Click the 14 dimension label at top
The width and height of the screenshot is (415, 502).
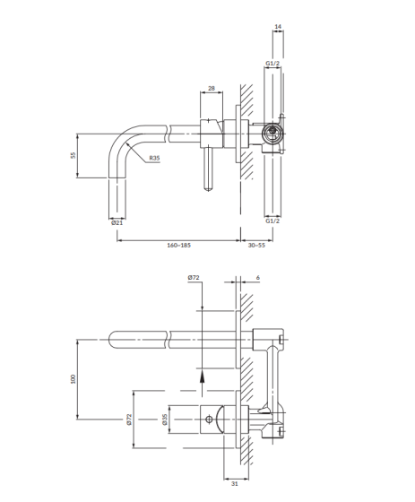click(x=278, y=26)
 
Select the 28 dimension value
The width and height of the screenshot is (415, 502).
click(x=212, y=88)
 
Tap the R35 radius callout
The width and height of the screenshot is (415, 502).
click(x=154, y=158)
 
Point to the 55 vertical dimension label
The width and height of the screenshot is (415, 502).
click(x=73, y=155)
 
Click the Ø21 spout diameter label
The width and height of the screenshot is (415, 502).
click(x=117, y=222)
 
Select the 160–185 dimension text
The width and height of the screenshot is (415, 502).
click(x=178, y=246)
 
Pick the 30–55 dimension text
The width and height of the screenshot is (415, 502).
click(x=256, y=246)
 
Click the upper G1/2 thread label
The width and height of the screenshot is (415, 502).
click(x=272, y=63)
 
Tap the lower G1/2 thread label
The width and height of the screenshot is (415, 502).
click(x=272, y=221)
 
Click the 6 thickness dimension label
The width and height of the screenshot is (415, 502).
click(x=258, y=278)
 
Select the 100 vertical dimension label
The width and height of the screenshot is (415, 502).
click(x=73, y=379)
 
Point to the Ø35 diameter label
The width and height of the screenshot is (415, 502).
click(x=165, y=420)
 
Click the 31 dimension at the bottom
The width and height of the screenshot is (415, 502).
click(x=235, y=484)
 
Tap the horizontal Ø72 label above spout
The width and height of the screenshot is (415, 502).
click(x=194, y=278)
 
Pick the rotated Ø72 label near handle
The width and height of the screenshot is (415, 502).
click(x=129, y=420)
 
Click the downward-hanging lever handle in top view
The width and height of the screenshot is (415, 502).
click(x=209, y=169)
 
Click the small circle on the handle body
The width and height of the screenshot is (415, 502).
click(x=209, y=419)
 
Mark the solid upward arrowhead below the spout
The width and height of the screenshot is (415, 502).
click(x=202, y=378)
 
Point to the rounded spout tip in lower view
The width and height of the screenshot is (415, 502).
click(x=111, y=340)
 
